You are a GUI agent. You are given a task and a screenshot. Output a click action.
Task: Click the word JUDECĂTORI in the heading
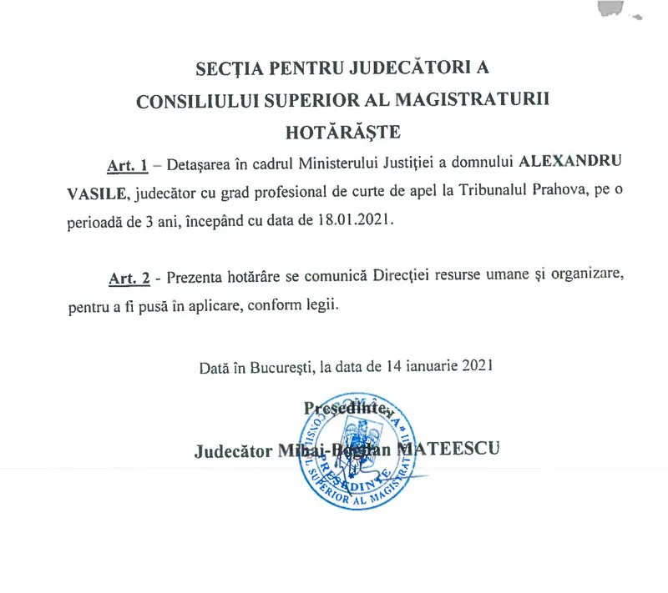pyautogui.click(x=396, y=67)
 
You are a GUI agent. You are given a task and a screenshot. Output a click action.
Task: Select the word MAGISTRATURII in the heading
pyautogui.click(x=477, y=99)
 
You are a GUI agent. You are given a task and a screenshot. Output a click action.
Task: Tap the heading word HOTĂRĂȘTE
pyautogui.click(x=343, y=131)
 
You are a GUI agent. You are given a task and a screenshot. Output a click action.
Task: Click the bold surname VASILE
pyautogui.click(x=98, y=193)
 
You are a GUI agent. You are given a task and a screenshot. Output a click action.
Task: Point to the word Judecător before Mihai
pyautogui.click(x=232, y=451)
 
